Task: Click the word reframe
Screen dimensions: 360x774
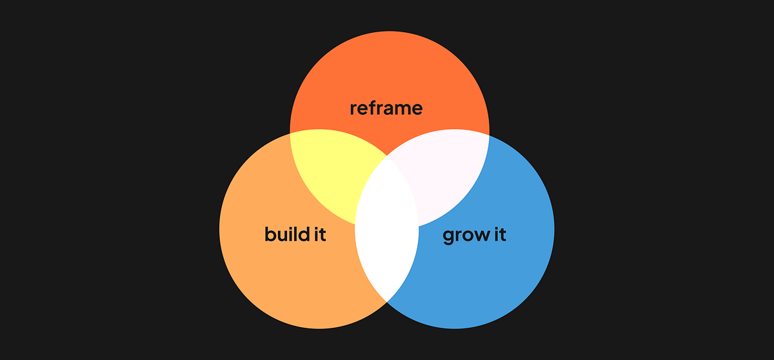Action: [386, 108]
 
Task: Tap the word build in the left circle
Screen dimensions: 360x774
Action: [284, 234]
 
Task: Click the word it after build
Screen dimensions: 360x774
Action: [318, 234]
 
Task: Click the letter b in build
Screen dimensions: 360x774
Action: [270, 233]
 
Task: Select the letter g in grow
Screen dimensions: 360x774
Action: [448, 236]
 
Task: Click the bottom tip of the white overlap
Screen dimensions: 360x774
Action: [387, 301]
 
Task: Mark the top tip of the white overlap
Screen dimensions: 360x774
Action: [387, 155]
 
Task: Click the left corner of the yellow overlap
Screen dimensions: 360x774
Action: [291, 133]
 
